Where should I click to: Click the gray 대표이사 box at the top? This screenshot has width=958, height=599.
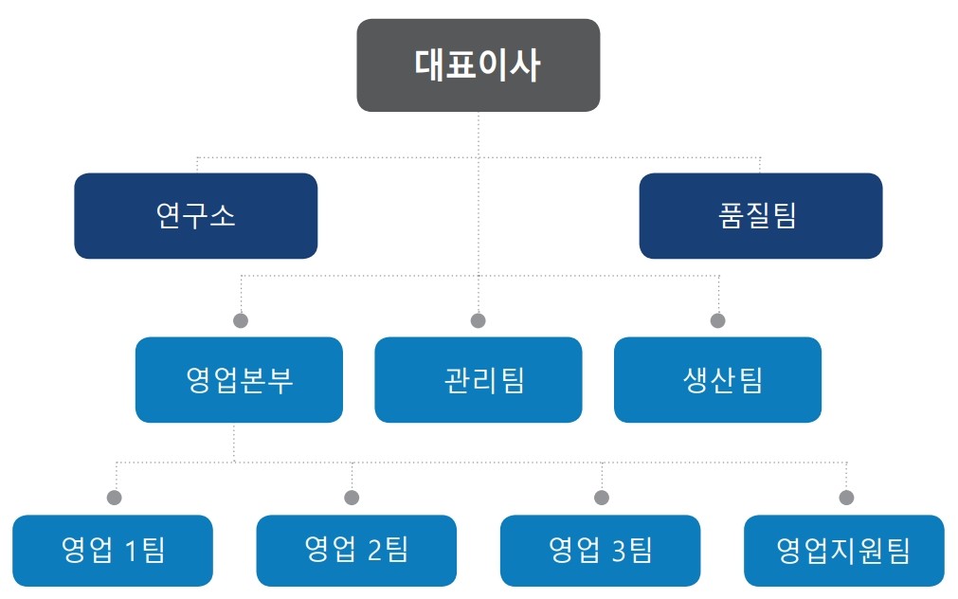coord(479,65)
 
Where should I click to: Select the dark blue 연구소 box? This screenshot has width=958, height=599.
coord(196,216)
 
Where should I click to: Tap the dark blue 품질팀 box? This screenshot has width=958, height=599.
coord(761,216)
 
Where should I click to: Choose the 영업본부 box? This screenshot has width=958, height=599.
coord(239,379)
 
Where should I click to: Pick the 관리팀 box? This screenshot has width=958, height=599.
coord(479,379)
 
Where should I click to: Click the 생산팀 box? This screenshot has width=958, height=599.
coord(718,379)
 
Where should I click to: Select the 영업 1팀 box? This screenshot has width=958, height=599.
coord(113,550)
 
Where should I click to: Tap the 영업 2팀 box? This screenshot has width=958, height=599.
coord(356,550)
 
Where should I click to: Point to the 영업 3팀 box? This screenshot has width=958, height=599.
coord(600,550)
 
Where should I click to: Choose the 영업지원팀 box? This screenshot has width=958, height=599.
coord(844,550)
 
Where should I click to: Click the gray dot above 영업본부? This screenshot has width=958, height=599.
coord(241,320)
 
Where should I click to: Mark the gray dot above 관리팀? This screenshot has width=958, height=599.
coord(479,320)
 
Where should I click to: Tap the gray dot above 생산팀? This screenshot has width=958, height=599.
coord(718,320)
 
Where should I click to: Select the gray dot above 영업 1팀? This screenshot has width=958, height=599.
coord(115,498)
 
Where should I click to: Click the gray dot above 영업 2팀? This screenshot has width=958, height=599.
coord(352,498)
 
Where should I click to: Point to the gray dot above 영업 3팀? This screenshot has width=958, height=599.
coord(602,498)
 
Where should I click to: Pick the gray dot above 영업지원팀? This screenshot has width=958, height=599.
coord(847,498)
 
